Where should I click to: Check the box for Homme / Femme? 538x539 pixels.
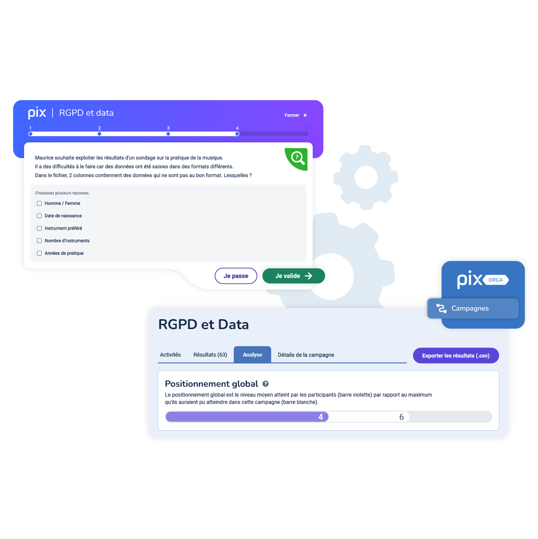[40, 203]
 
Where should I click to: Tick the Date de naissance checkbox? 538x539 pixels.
[40, 216]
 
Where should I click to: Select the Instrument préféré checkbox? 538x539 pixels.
[40, 228]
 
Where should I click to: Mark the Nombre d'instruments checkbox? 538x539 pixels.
[40, 241]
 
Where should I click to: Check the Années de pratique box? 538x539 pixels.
[40, 253]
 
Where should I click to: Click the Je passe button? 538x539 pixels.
[236, 276]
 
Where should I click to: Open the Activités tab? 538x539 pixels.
[170, 355]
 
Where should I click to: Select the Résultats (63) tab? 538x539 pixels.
[210, 355]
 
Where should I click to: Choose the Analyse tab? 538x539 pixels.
[252, 355]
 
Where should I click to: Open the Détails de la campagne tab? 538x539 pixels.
[306, 355]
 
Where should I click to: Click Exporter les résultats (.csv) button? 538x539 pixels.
[455, 356]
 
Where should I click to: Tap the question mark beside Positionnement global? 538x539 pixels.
[266, 384]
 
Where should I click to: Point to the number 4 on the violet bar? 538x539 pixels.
[321, 417]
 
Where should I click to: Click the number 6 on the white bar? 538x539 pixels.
[402, 417]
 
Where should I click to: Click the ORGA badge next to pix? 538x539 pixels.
[495, 280]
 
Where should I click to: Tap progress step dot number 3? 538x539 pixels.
[168, 134]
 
